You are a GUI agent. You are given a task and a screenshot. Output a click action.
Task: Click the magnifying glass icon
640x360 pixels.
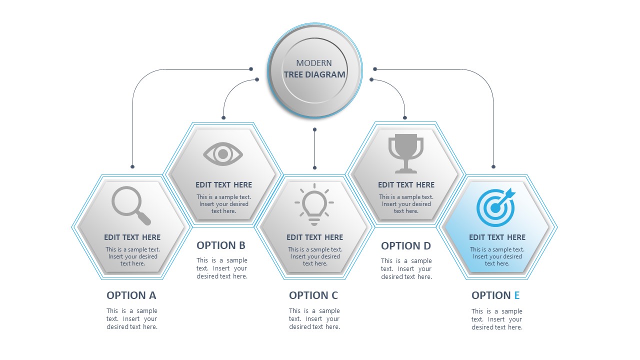[x=130, y=205]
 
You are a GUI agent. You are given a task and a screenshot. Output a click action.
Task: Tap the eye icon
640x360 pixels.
[x=223, y=154]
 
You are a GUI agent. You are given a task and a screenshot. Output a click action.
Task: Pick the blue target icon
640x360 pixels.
[x=495, y=206]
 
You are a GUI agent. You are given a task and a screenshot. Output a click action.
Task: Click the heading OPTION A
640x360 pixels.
[x=131, y=295]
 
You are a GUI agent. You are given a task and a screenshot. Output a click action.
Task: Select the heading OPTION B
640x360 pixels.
[x=221, y=245]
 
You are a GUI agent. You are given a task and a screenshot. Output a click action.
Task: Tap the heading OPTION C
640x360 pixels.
[x=313, y=295]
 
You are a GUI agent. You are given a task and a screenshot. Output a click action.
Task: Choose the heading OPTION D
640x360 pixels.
[x=406, y=245]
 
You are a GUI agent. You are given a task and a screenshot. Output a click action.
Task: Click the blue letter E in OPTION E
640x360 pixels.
[x=517, y=295]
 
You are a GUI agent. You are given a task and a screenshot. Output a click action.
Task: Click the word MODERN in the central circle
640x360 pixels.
[x=314, y=63]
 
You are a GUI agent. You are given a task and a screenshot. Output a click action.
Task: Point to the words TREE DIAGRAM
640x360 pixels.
[x=314, y=74]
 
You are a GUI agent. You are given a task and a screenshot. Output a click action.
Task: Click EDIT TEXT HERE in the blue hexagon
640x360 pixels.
[x=497, y=237]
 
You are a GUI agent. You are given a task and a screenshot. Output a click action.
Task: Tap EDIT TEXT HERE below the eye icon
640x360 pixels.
[x=223, y=184]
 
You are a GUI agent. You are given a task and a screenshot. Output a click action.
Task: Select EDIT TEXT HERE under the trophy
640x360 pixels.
[x=406, y=184]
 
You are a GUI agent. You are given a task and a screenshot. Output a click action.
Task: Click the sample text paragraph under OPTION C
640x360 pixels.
[x=314, y=319]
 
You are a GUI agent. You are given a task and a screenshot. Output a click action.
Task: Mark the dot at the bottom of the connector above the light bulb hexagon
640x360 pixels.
[x=314, y=167]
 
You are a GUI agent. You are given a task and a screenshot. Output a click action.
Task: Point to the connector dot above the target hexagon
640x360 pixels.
[x=493, y=166]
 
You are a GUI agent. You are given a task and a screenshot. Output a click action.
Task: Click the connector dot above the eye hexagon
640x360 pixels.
[x=223, y=118]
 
